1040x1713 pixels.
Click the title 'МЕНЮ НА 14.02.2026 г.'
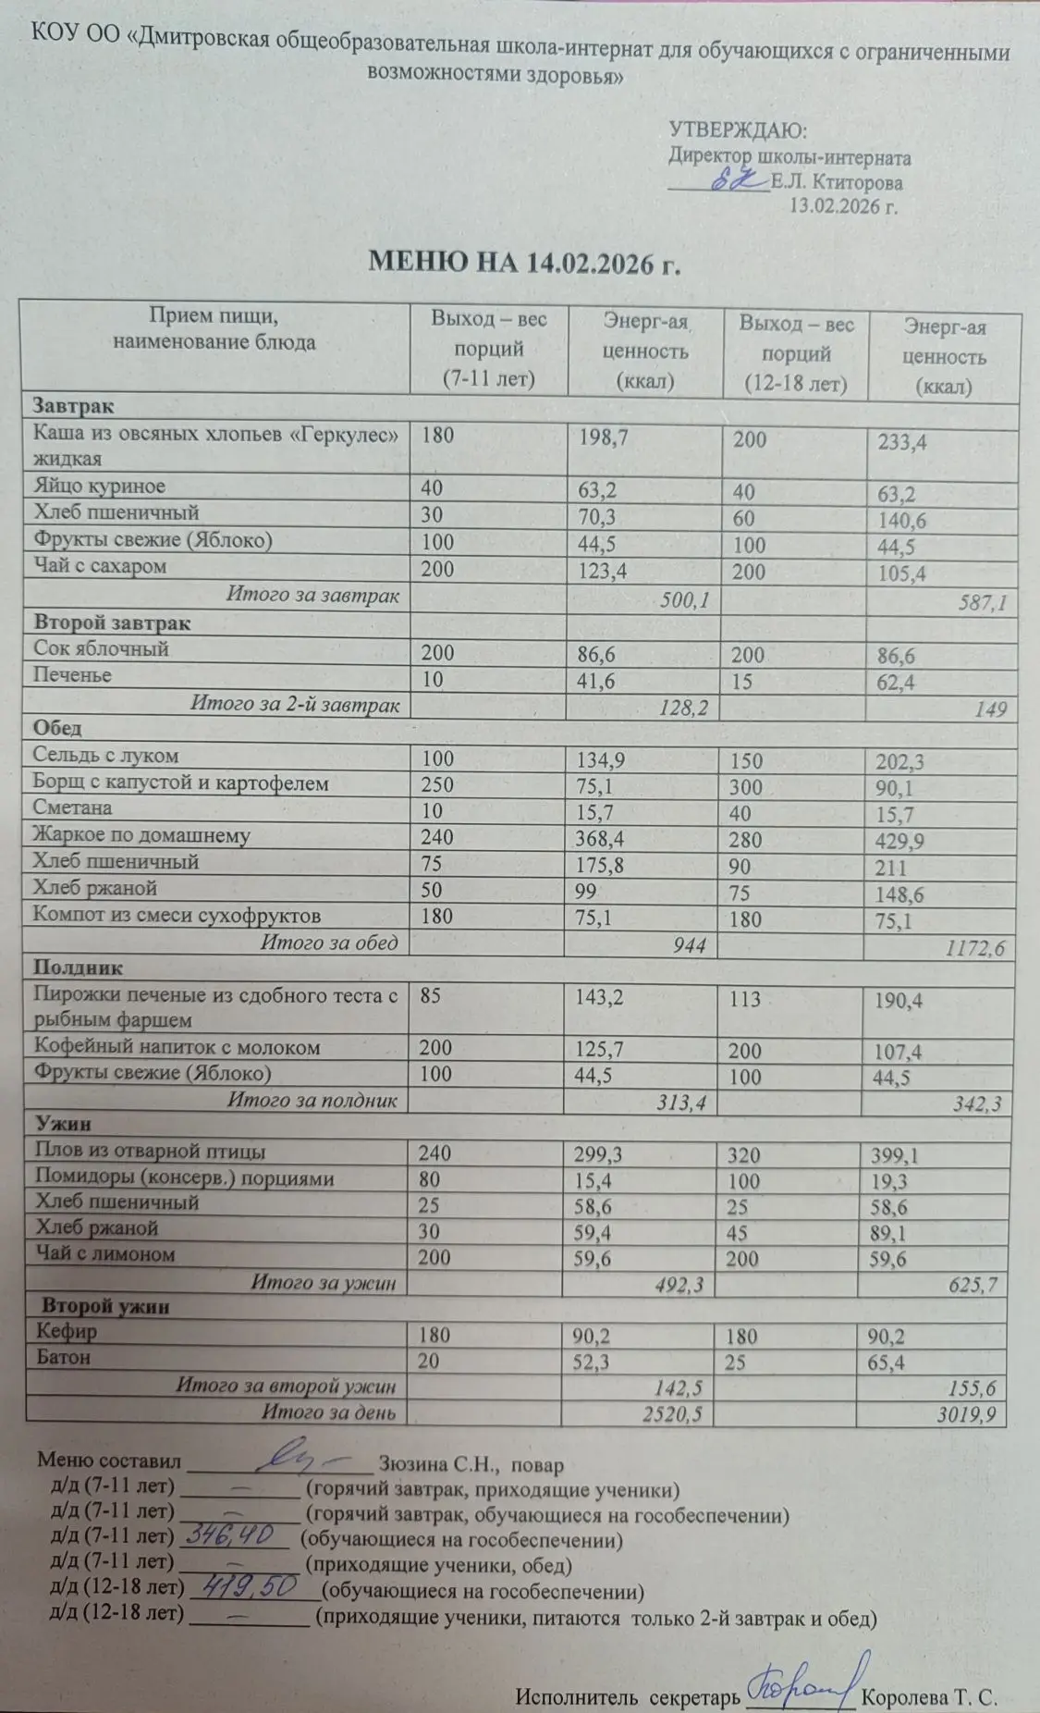click(524, 263)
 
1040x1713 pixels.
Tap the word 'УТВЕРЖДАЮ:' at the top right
click(738, 130)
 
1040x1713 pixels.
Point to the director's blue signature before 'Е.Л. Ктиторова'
click(735, 182)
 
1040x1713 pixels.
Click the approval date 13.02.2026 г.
click(843, 205)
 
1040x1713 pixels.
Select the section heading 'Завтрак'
click(74, 405)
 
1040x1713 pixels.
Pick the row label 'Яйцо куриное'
click(99, 487)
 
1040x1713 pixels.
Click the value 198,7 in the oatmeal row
click(604, 437)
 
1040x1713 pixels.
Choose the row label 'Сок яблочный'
click(101, 649)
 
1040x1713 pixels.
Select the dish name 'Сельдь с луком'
click(106, 756)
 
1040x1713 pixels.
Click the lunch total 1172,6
click(973, 949)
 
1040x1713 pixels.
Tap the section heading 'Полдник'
click(78, 967)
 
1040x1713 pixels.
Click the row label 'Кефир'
click(66, 1333)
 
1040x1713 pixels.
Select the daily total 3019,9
click(970, 1414)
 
